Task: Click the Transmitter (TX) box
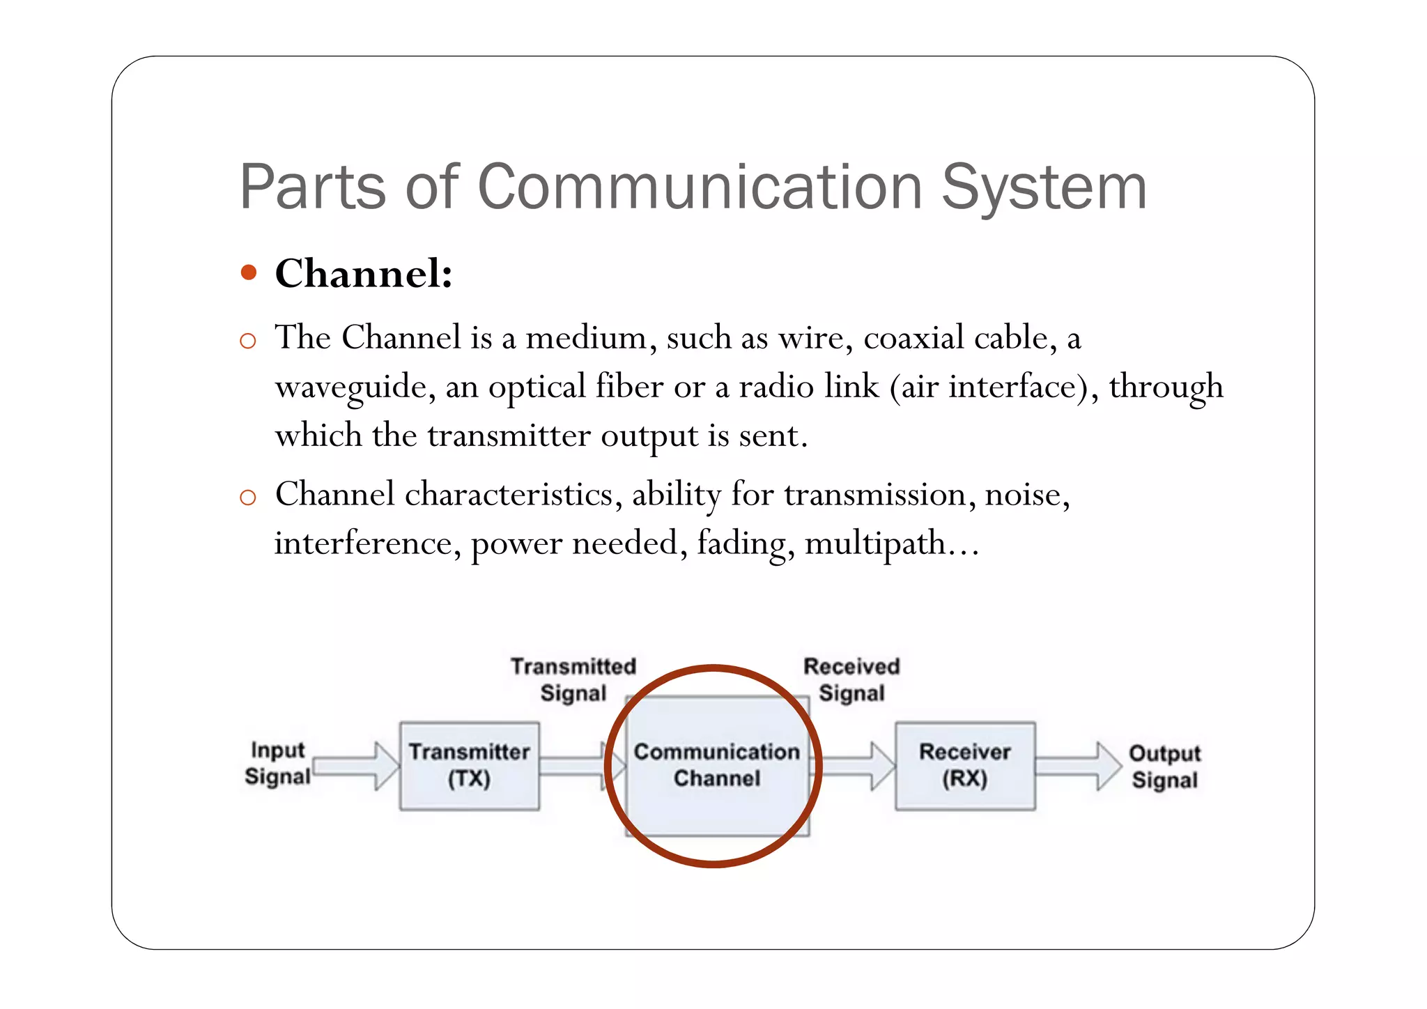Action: point(469,765)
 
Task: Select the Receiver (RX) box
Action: point(965,765)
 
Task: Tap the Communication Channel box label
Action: point(716,764)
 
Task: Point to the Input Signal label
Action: point(277,763)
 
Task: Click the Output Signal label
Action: point(1164,766)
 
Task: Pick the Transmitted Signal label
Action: point(573,679)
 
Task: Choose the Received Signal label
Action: point(851,679)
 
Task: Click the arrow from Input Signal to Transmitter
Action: point(355,766)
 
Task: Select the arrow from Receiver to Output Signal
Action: point(1077,766)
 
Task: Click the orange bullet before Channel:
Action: point(248,272)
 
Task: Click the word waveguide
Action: point(350,387)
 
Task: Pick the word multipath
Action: point(875,544)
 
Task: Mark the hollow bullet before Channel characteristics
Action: point(247,497)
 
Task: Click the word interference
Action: point(362,543)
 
